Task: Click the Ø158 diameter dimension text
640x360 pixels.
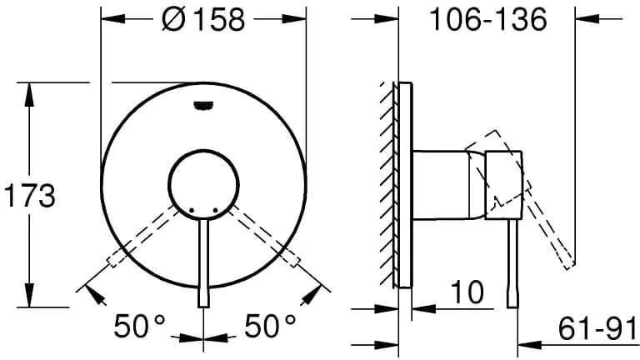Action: [x=203, y=19]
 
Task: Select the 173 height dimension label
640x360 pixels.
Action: [x=29, y=196]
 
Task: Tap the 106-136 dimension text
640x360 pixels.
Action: [x=487, y=19]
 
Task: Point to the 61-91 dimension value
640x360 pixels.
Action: [x=597, y=327]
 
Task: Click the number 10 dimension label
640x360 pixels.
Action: [x=467, y=292]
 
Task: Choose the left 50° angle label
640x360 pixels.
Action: [x=140, y=326]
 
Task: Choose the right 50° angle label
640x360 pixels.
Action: [x=270, y=326]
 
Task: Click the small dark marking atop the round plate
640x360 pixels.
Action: [x=203, y=106]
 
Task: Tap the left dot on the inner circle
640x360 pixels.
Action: [x=192, y=211]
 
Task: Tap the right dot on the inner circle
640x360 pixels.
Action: [x=216, y=211]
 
